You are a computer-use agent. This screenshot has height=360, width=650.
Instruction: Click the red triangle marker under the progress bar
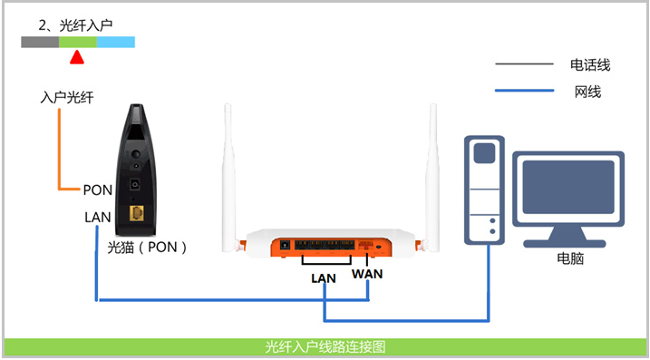77,58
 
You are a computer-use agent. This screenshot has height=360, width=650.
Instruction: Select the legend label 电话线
589,64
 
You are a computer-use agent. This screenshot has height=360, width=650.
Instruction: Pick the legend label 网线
587,92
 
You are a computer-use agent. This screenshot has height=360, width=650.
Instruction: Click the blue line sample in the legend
523,91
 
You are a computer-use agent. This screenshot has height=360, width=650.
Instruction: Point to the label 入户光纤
68,97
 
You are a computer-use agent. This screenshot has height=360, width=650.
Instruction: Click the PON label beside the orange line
97,190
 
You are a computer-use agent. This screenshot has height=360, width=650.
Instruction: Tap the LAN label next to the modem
97,218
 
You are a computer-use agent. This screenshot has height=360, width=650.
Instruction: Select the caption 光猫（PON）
147,245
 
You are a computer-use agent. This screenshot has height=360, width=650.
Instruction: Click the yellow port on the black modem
139,213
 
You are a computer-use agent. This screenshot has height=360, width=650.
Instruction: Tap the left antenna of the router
228,163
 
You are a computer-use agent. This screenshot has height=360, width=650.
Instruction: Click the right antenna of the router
432,163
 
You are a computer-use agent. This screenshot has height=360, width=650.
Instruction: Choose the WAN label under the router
368,274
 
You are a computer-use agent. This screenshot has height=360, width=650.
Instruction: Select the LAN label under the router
324,278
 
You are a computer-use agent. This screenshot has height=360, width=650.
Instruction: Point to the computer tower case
484,190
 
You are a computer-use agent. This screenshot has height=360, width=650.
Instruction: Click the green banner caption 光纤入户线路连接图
325,346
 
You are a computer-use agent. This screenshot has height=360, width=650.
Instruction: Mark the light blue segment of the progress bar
116,42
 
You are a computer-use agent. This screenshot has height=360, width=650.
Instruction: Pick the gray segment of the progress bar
41,42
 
